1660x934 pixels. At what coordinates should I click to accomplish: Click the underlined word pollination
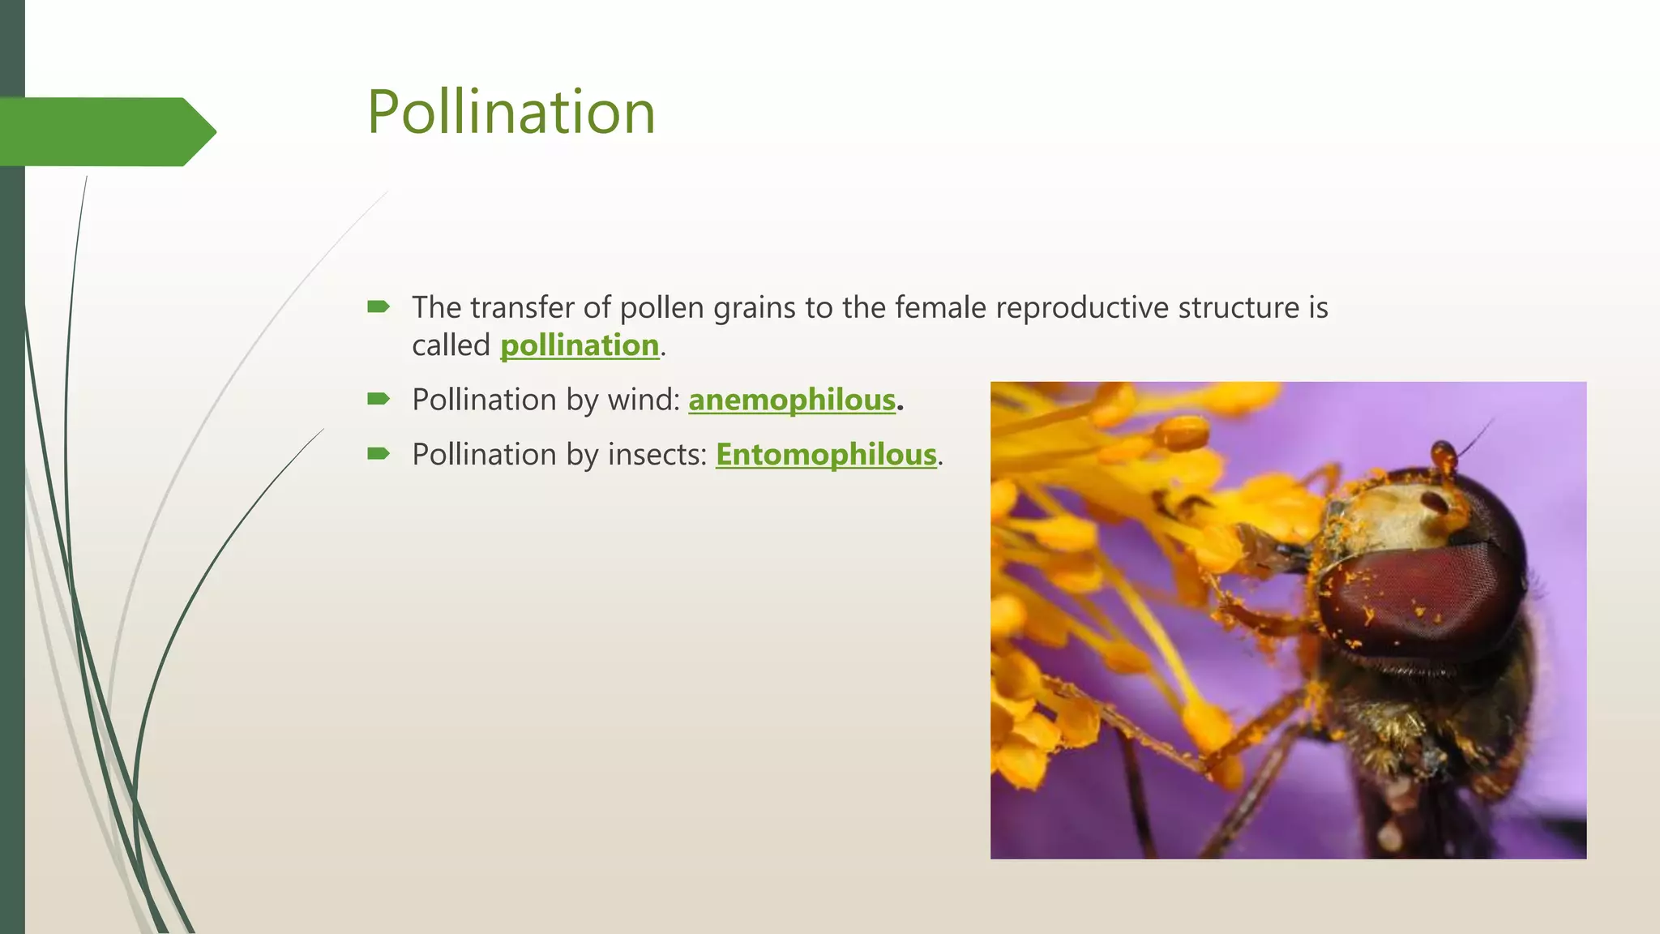coord(580,345)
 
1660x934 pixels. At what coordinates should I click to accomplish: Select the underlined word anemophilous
coord(792,400)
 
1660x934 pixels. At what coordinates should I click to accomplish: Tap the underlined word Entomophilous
coord(826,454)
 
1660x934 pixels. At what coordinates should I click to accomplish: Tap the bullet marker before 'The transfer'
coord(379,306)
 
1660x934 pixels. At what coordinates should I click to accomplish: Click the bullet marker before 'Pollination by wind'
coord(379,398)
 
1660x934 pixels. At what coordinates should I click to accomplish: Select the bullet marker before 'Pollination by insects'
coord(379,453)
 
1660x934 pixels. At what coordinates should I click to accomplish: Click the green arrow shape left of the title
coord(105,131)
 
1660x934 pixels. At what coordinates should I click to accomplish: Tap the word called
coord(451,345)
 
